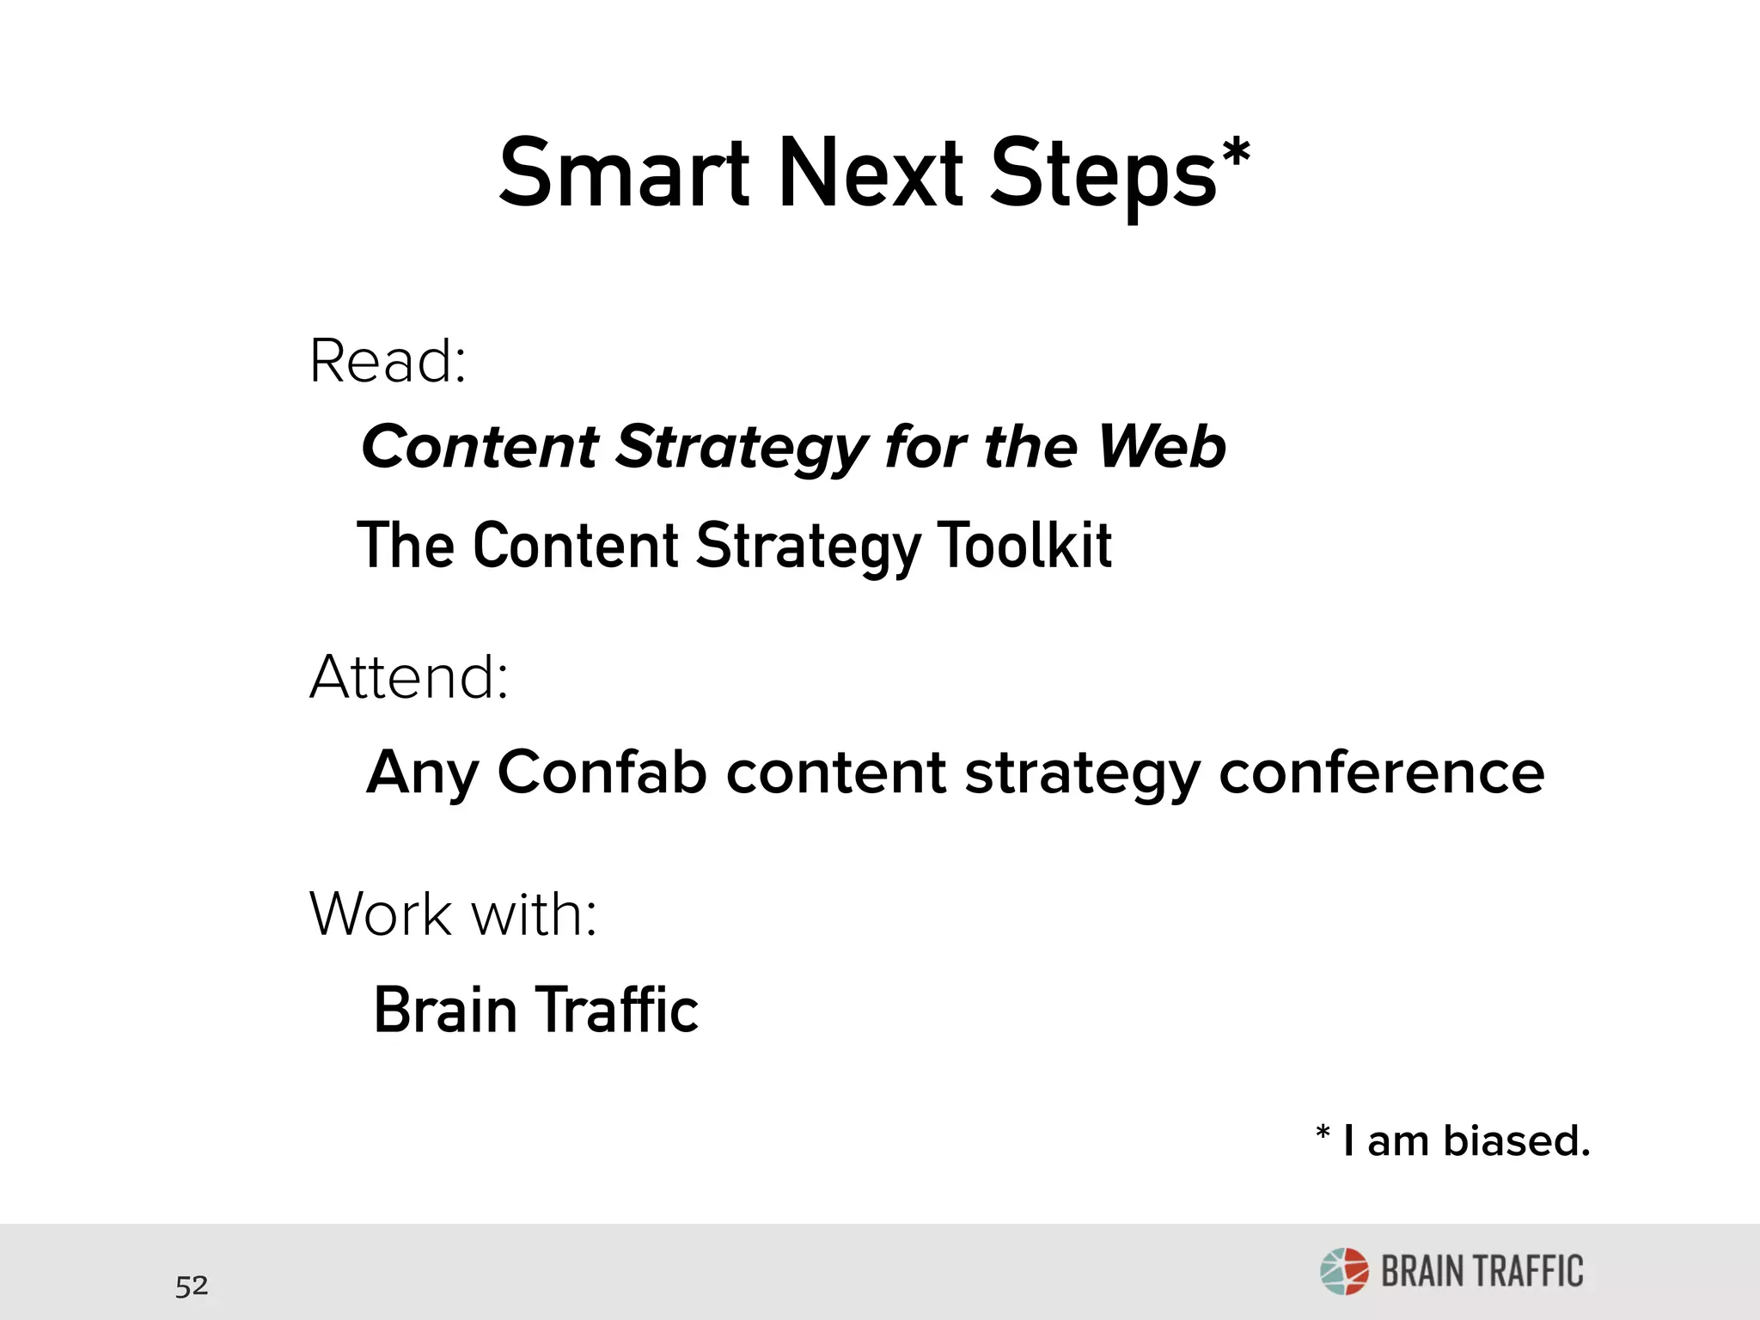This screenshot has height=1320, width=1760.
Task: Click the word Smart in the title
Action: [625, 174]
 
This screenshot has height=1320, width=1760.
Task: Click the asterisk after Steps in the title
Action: [1236, 156]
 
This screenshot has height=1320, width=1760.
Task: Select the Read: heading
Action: [388, 361]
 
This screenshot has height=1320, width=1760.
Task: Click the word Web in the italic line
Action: [1162, 447]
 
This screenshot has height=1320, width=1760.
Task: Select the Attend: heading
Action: [409, 677]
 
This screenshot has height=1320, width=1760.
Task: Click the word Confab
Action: [602, 772]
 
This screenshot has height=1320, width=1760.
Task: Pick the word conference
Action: [1381, 772]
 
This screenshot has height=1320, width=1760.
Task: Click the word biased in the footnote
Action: [1517, 1141]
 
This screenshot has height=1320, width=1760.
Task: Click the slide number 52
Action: [192, 1286]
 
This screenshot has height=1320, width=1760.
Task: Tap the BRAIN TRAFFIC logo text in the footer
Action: [1482, 1272]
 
